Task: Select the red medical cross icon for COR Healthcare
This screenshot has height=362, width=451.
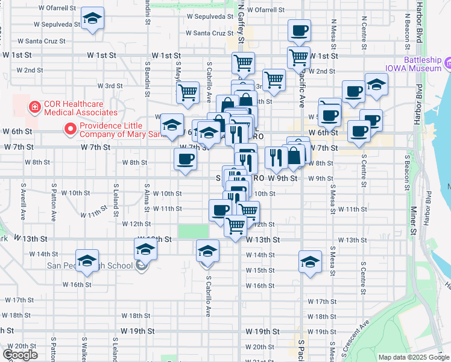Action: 35,107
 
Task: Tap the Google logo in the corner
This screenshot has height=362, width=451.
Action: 20,355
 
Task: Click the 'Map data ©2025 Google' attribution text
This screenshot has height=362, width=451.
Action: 414,357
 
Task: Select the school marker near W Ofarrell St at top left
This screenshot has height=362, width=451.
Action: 92,19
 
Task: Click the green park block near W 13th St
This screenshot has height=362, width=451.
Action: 193,232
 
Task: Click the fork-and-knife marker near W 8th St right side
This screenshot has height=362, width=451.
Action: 275,158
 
